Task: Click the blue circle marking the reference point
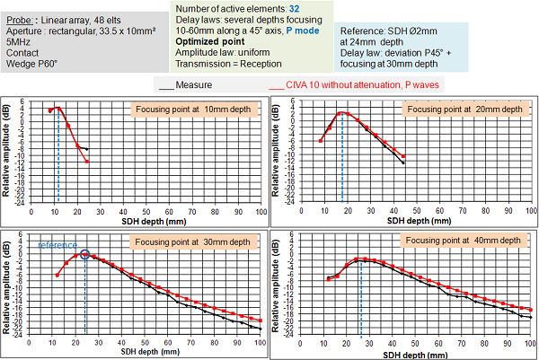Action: (85, 254)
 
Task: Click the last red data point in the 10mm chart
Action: (88, 162)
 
